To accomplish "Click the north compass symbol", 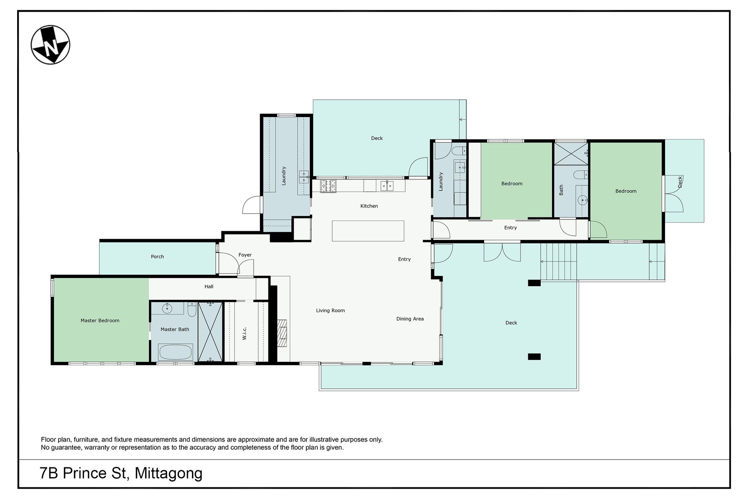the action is [x=50, y=45].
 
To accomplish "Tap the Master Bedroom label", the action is [x=100, y=320].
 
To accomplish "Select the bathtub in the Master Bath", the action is [x=175, y=352].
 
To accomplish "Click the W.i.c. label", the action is [x=244, y=333].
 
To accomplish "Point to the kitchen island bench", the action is [x=368, y=231].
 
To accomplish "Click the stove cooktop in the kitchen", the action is [x=328, y=186].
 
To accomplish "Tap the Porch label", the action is [x=157, y=257].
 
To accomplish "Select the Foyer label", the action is [x=245, y=255].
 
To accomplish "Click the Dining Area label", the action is [x=410, y=319].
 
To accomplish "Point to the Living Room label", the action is [x=330, y=311].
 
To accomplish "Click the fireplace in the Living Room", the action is [x=282, y=333].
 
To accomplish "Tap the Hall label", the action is [x=209, y=287].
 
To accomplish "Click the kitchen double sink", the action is [x=387, y=186].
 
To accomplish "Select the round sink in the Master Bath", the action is [x=167, y=308].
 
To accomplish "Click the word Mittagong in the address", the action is [x=169, y=474].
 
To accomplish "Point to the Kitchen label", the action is [x=369, y=206].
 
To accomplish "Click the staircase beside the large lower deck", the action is [x=558, y=261].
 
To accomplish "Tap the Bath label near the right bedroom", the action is [x=561, y=190].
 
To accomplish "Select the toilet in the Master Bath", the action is [x=192, y=309].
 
